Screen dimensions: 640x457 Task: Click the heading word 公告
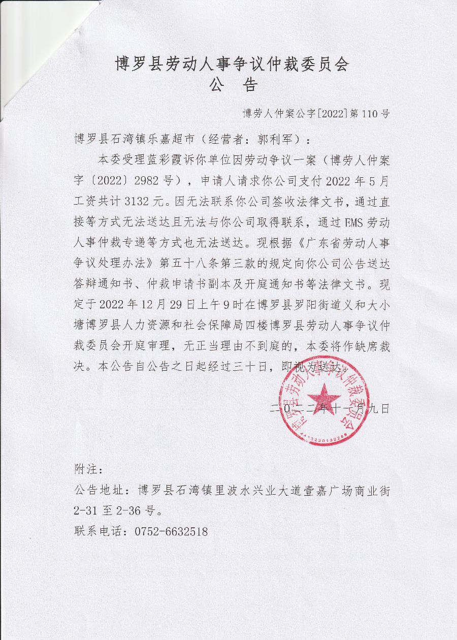[x=233, y=85]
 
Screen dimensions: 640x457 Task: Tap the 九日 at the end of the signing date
[x=380, y=407]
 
